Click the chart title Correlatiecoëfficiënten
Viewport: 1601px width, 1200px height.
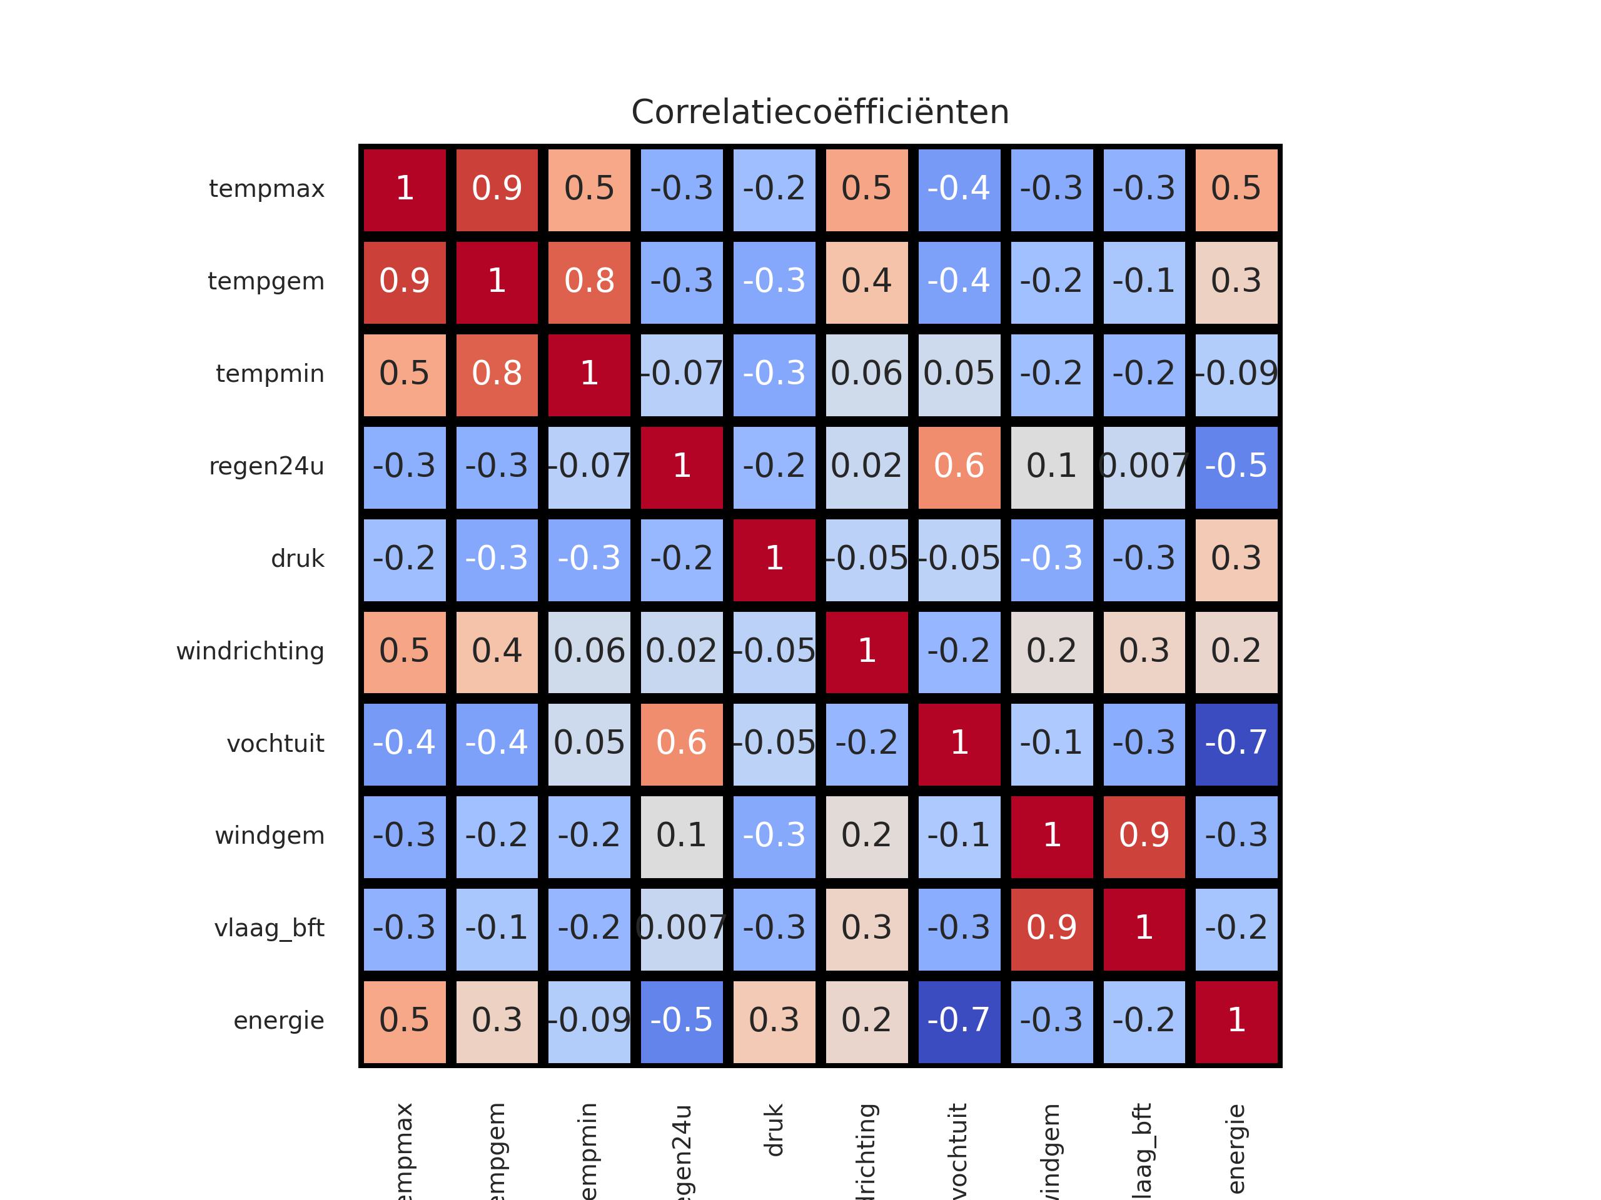tap(819, 112)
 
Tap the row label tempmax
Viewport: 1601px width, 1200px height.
tap(266, 189)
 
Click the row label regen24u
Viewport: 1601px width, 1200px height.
tap(266, 466)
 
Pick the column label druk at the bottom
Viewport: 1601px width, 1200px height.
tap(774, 1130)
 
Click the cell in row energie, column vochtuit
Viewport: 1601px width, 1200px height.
tap(959, 1021)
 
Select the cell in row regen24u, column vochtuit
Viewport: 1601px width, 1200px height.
tap(959, 466)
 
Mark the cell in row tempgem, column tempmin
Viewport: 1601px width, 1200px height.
tap(589, 281)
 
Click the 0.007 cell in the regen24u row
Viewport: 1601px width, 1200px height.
tap(1144, 466)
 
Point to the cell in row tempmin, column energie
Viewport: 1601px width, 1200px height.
tap(1236, 374)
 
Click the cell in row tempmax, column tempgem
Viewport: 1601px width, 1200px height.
tap(497, 189)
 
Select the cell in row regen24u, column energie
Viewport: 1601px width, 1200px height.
tap(1236, 466)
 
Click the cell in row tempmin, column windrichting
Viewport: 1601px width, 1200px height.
tap(866, 374)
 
